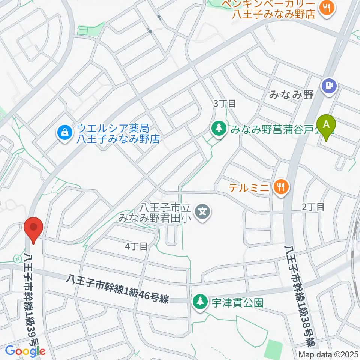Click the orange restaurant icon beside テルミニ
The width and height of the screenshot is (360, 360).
coord(281,186)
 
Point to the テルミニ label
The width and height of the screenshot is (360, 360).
coord(249,187)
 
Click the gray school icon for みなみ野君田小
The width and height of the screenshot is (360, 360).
coord(203,212)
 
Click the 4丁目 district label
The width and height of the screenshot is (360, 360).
coord(136,246)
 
